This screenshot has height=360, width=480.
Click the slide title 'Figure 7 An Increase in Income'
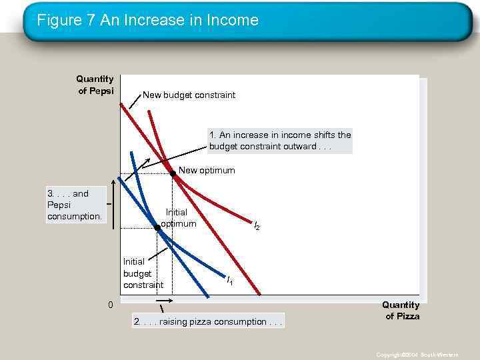pyautogui.click(x=147, y=20)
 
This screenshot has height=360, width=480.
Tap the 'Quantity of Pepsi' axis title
pyautogui.click(x=95, y=85)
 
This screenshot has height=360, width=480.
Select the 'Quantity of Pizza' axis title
pyautogui.click(x=401, y=311)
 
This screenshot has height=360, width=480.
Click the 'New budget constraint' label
pyautogui.click(x=189, y=95)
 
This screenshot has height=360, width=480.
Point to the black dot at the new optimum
pyautogui.click(x=173, y=173)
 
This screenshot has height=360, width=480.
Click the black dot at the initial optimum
pyautogui.click(x=158, y=228)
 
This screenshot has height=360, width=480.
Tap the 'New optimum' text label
pyautogui.click(x=207, y=170)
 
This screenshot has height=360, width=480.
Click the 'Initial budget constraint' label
pyautogui.click(x=143, y=273)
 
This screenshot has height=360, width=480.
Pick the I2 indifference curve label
pyautogui.click(x=257, y=227)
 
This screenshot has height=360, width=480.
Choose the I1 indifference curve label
pyautogui.click(x=229, y=281)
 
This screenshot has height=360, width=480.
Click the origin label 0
pyautogui.click(x=111, y=305)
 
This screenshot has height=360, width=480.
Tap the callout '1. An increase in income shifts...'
pyautogui.click(x=280, y=141)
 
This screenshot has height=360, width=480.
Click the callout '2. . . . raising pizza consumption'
pyautogui.click(x=208, y=322)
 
